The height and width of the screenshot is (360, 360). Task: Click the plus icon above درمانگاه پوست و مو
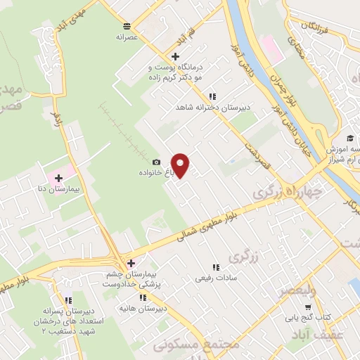[x=174, y=57]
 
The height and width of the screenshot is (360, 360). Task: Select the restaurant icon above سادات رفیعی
[x=216, y=267]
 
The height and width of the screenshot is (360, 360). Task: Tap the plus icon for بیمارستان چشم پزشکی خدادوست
[x=131, y=264]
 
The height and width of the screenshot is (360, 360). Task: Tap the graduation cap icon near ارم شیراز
[x=350, y=137]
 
